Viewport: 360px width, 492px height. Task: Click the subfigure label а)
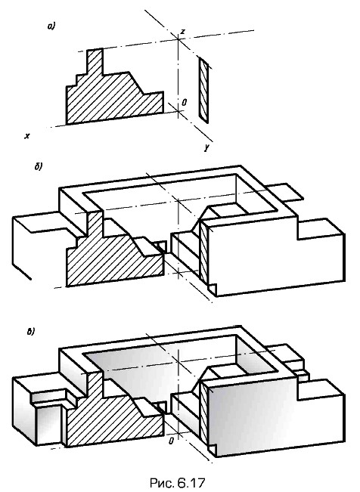click(51, 26)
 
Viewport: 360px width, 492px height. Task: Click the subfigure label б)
click(39, 166)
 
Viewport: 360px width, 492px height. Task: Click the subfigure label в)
click(31, 332)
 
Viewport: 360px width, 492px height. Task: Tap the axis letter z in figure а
click(183, 31)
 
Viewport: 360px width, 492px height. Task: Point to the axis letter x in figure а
click(27, 136)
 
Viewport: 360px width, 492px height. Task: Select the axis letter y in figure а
click(206, 147)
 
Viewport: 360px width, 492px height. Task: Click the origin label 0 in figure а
click(185, 102)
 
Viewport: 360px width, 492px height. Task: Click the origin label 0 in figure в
click(171, 441)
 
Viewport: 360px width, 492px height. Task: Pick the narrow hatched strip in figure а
click(203, 90)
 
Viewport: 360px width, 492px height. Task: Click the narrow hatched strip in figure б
click(203, 251)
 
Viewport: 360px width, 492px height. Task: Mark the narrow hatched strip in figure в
click(203, 411)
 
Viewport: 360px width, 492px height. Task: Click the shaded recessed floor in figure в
click(163, 360)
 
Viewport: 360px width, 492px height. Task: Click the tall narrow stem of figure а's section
click(95, 61)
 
